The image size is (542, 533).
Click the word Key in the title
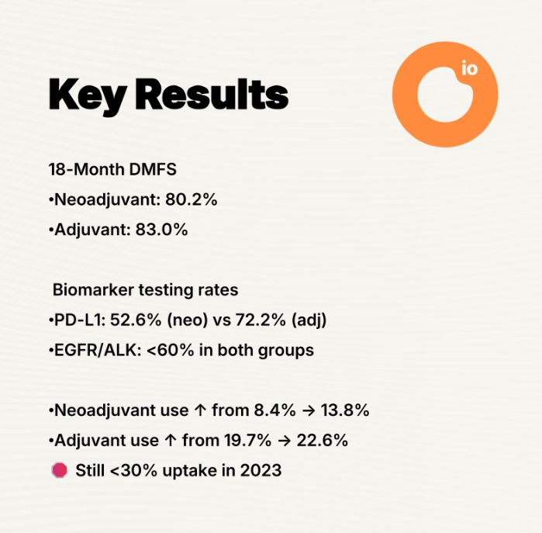click(87, 95)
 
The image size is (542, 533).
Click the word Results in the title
click(212, 94)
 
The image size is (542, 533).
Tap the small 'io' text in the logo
click(469, 68)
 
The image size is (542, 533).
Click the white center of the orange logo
click(444, 97)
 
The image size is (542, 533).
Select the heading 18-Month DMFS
click(112, 169)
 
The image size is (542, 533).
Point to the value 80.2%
click(192, 199)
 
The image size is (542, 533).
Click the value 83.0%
click(162, 230)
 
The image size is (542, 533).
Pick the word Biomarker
click(93, 289)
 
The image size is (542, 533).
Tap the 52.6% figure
click(136, 320)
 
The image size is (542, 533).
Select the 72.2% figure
click(261, 320)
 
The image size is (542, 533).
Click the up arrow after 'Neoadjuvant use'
click(200, 410)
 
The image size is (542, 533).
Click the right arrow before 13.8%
click(308, 410)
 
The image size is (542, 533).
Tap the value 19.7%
click(247, 441)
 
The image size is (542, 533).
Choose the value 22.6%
click(322, 441)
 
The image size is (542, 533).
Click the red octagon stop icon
click(60, 470)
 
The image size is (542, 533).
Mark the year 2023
click(261, 470)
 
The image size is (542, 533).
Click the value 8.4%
click(274, 410)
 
